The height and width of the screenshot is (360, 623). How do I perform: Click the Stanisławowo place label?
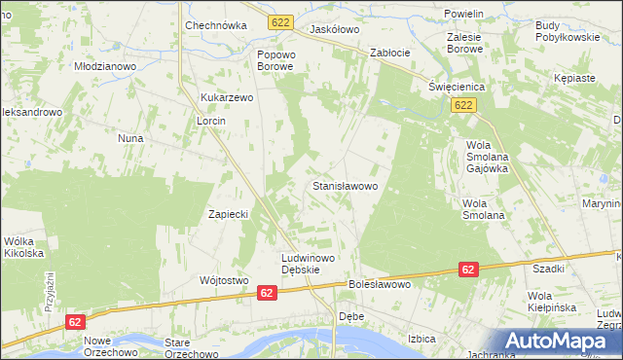click(350, 184)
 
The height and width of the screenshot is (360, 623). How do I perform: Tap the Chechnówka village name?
click(213, 26)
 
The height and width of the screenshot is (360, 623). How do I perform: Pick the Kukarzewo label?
click(227, 97)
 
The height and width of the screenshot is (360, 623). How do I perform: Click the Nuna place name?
click(130, 138)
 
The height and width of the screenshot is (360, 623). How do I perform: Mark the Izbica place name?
click(421, 338)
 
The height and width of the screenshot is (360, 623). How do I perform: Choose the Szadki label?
click(549, 268)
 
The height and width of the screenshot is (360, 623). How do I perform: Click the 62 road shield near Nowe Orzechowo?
click(76, 320)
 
